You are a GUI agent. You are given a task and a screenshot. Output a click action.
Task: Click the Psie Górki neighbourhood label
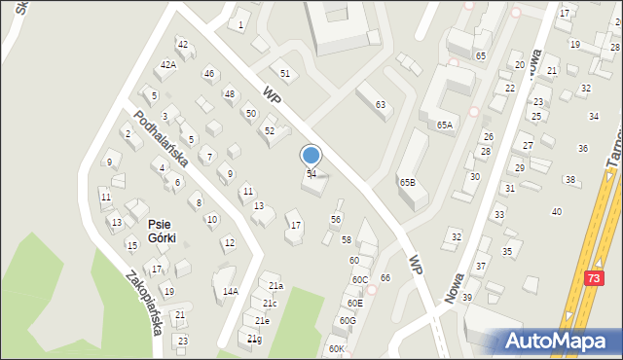[x=161, y=231]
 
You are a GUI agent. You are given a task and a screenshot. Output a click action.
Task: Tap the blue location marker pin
[x=311, y=155]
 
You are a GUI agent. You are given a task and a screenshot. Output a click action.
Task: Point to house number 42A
[x=168, y=64]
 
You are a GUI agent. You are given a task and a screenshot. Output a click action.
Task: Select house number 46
[x=208, y=74]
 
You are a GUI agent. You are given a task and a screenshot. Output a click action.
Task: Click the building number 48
[x=229, y=94]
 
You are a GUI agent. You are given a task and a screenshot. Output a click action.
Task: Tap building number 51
[x=285, y=74]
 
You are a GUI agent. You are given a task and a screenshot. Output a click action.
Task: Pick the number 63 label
[x=381, y=104]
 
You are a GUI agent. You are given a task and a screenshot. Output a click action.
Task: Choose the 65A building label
[x=445, y=126]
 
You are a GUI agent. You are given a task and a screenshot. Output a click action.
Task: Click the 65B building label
[x=407, y=182]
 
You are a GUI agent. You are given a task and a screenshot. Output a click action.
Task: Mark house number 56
[x=336, y=219]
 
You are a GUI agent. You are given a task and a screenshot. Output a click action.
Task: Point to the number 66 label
[x=385, y=278]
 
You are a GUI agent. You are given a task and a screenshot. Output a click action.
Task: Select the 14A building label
[x=230, y=291]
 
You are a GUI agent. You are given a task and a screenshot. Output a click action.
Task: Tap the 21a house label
[x=275, y=286]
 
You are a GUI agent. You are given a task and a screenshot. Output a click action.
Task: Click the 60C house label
[x=359, y=280]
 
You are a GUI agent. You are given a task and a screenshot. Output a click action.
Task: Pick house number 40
[x=557, y=211]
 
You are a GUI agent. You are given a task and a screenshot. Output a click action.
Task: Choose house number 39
[x=467, y=297]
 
